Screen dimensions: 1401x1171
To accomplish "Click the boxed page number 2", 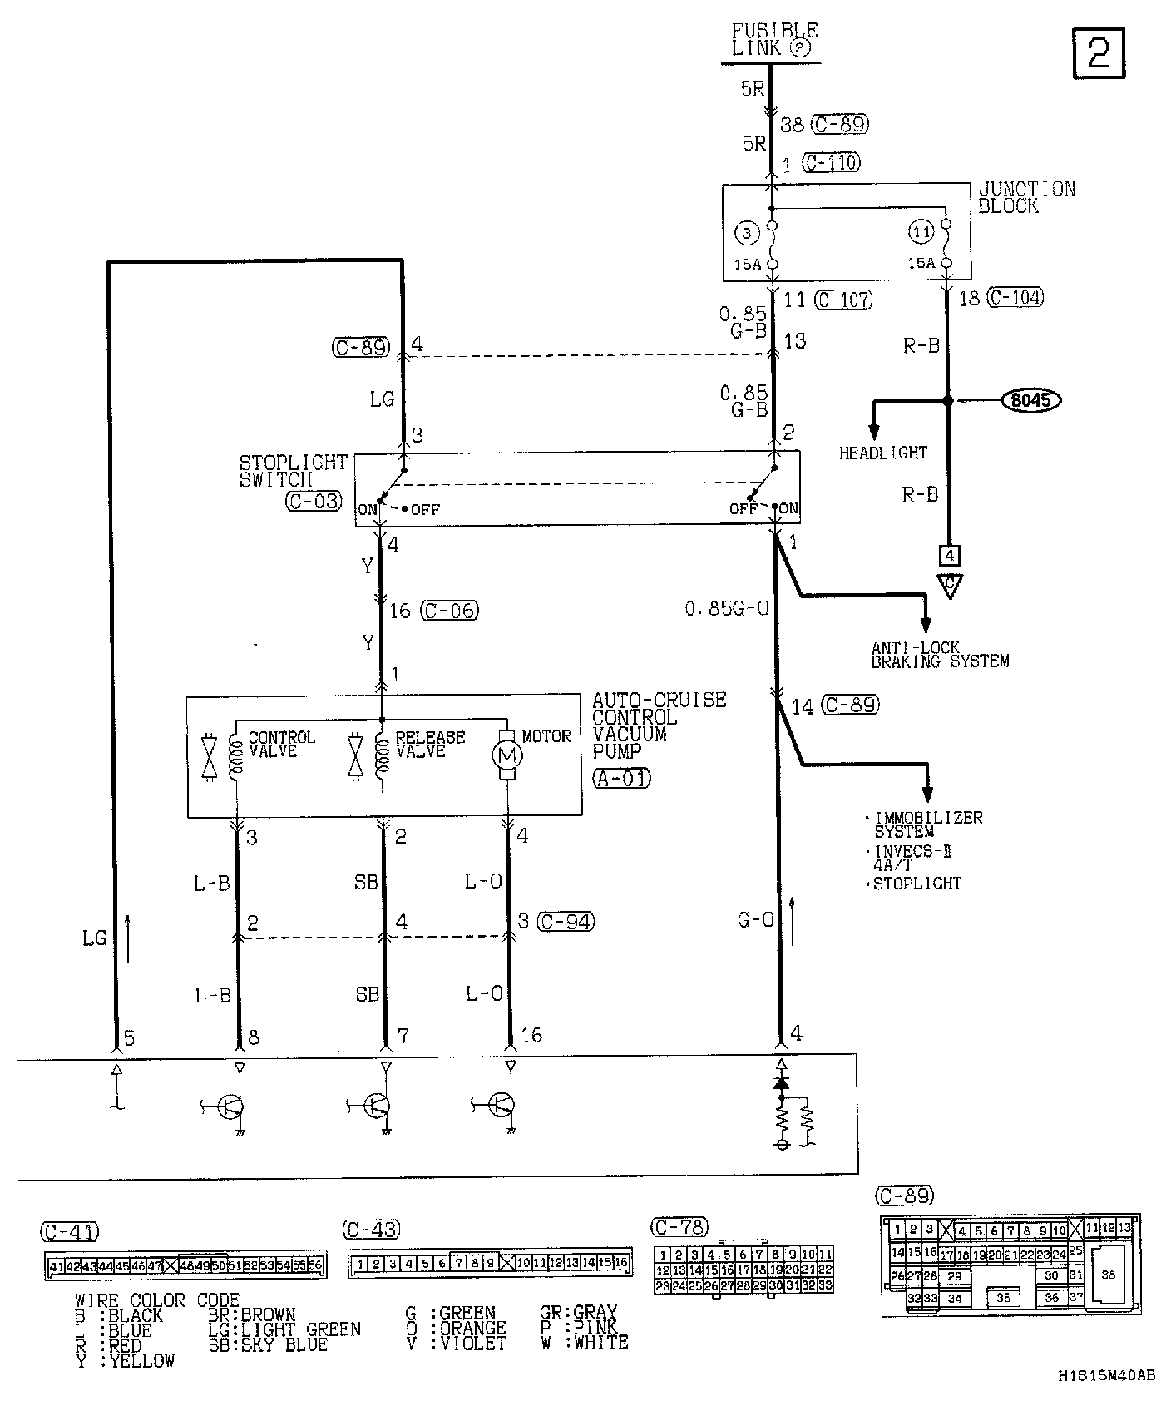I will click(1099, 54).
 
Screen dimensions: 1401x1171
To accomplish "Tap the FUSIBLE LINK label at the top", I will click(773, 40).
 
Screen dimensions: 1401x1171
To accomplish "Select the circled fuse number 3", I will click(747, 234).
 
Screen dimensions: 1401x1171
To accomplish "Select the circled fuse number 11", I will click(921, 234).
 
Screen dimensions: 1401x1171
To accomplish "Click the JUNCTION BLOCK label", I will click(1025, 197).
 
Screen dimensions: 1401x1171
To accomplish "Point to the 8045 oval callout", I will click(1031, 401).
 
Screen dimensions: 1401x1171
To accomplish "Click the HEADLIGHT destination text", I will click(882, 453).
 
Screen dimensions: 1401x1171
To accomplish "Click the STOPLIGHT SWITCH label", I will click(281, 471).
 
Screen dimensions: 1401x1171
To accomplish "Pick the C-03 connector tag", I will click(313, 501).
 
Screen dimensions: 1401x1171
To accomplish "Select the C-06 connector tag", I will click(450, 611).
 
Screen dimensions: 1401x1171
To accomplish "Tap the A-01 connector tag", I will click(621, 779).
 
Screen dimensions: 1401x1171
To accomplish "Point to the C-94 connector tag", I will click(566, 922).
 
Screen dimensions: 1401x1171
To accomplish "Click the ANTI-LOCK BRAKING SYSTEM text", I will click(939, 655).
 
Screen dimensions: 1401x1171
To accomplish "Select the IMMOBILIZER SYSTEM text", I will click(926, 824).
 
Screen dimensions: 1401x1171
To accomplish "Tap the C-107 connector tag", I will click(843, 300).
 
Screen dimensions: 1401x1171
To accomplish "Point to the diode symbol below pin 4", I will click(780, 1083).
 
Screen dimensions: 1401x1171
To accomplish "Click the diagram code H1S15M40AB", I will click(1106, 1376).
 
